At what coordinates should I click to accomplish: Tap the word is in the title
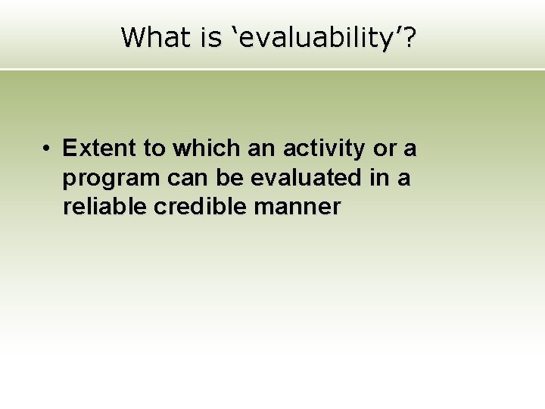(x=211, y=36)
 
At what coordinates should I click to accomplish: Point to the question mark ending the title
(x=409, y=36)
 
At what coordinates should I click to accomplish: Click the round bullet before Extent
(x=47, y=148)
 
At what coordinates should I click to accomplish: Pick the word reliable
(x=104, y=206)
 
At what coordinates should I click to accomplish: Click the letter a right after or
(x=410, y=148)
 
